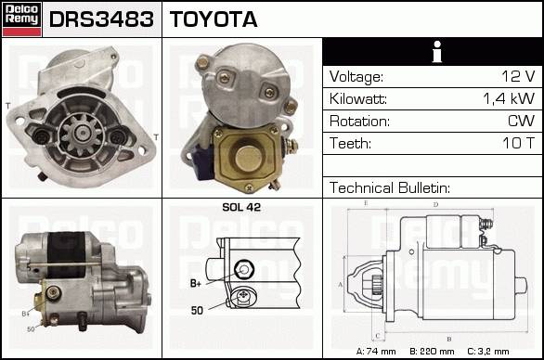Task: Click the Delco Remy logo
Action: (21, 19)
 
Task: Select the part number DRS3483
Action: (101, 19)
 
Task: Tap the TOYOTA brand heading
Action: (214, 19)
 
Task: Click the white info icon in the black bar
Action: (437, 52)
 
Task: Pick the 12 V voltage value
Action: (518, 76)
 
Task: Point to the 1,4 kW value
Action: (509, 98)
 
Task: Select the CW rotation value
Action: (521, 121)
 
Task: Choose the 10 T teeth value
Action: (519, 143)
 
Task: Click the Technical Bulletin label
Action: (390, 187)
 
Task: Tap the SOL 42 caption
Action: (241, 207)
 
